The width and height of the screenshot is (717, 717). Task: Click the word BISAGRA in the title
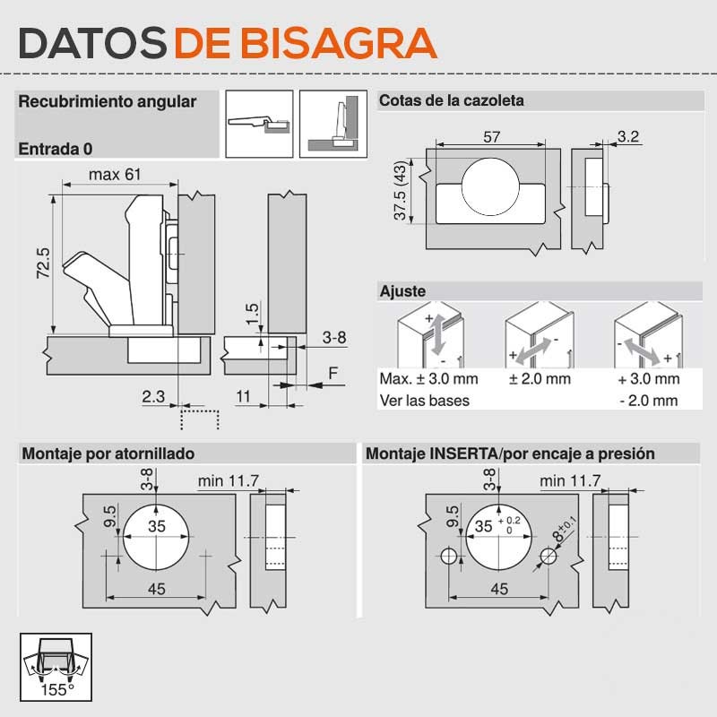(339, 43)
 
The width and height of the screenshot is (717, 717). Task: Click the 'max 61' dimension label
(115, 175)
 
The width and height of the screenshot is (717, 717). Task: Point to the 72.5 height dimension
(43, 263)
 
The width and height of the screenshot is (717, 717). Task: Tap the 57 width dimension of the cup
(491, 137)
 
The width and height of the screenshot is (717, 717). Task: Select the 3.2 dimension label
(628, 136)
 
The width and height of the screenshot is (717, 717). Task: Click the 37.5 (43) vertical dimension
(400, 190)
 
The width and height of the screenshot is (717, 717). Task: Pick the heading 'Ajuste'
(402, 291)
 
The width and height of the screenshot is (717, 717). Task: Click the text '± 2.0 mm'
(540, 378)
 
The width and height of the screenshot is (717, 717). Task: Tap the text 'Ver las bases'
(424, 401)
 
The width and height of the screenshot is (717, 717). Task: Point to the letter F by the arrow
(333, 373)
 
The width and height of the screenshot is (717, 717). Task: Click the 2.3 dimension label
(153, 396)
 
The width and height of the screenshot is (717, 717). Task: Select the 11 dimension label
(243, 396)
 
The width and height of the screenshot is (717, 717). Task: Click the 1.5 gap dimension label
(252, 313)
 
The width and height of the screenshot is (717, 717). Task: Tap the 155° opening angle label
(57, 689)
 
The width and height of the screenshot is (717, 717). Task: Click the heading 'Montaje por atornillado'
(108, 454)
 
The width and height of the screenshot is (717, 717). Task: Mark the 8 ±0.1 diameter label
(566, 529)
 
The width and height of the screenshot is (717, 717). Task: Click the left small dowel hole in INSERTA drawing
(449, 556)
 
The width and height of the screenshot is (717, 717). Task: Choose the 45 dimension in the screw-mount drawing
(156, 589)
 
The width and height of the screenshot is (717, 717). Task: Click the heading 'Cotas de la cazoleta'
(452, 100)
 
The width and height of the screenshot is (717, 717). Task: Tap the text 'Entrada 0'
(56, 149)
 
